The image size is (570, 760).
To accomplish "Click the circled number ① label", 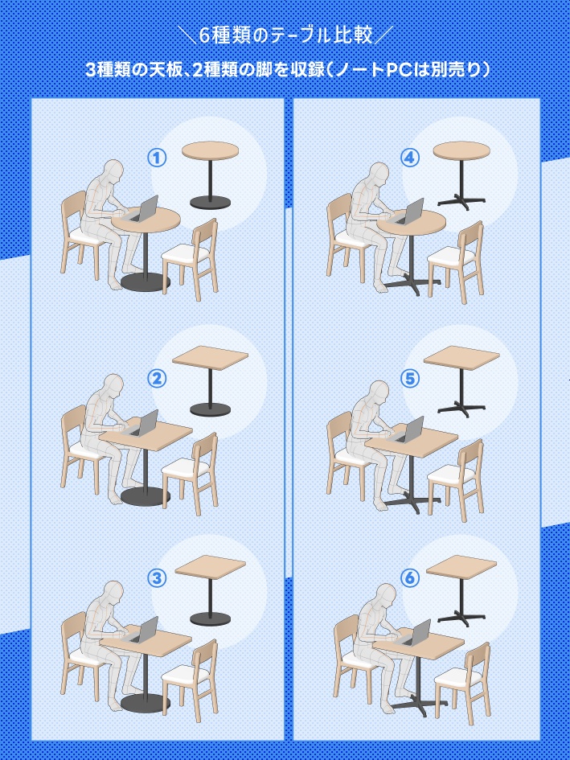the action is (x=157, y=158).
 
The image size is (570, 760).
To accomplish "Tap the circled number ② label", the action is (x=157, y=379).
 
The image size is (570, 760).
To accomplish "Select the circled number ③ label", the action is (x=157, y=577).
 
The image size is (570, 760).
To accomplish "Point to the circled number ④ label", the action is (x=410, y=158).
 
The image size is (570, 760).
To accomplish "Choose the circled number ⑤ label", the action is (x=410, y=379).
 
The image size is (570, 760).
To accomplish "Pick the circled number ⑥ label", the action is (x=410, y=577).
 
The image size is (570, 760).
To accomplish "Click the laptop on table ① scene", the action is (x=143, y=210).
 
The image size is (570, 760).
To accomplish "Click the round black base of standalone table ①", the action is (x=210, y=202).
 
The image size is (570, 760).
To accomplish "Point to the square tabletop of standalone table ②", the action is (x=210, y=358).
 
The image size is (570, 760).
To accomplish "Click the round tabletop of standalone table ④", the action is (x=461, y=150).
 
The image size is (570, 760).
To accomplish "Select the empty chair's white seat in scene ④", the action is (x=451, y=256).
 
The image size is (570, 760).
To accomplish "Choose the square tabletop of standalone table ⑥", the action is (x=461, y=567).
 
